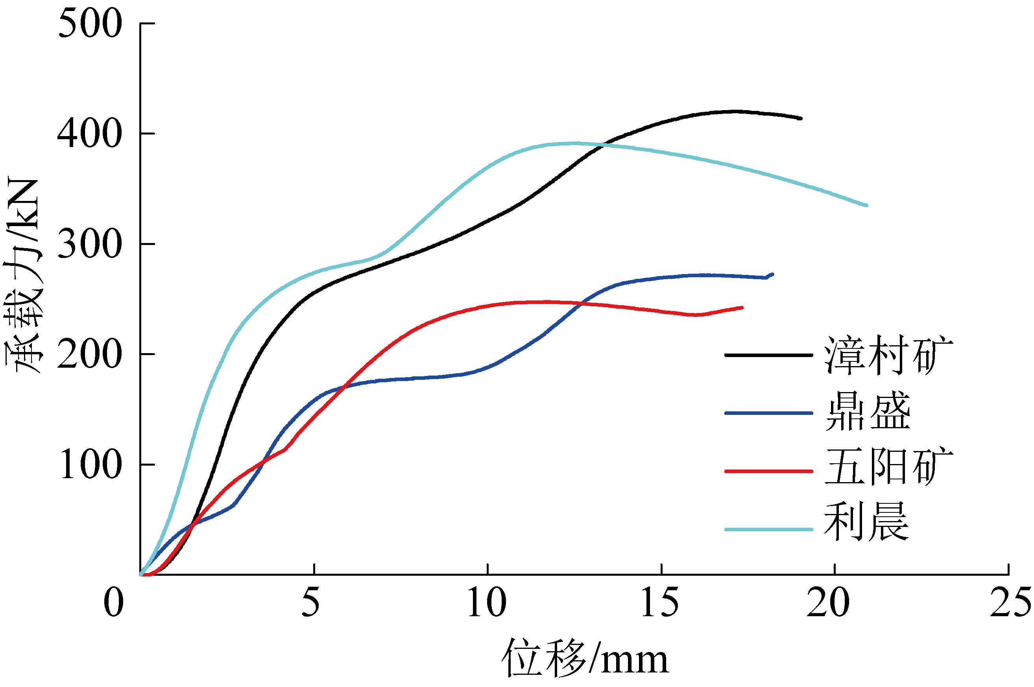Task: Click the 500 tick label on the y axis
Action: pyautogui.click(x=90, y=24)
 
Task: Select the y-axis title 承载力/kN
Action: pyautogui.click(x=23, y=276)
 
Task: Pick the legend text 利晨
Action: pyautogui.click(x=867, y=522)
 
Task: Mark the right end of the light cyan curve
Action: pyautogui.click(x=866, y=205)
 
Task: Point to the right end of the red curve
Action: pyautogui.click(x=742, y=308)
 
